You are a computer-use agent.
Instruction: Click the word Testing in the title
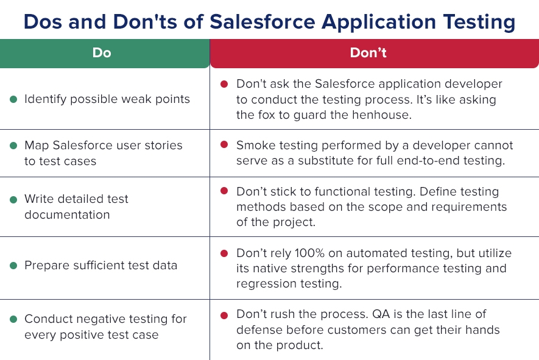[479, 23]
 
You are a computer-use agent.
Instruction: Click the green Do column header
[105, 53]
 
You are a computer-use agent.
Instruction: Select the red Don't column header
[375, 53]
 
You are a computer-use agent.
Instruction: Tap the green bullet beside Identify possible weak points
[14, 99]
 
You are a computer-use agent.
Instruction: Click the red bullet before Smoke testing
[224, 145]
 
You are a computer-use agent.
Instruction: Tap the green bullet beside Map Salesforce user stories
[14, 146]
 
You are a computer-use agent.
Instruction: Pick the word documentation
[67, 215]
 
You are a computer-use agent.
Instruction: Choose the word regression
[266, 284]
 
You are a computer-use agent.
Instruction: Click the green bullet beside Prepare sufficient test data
[14, 266]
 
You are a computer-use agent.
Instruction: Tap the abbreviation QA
[381, 314]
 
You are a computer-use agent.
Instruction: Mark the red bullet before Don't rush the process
[224, 316]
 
